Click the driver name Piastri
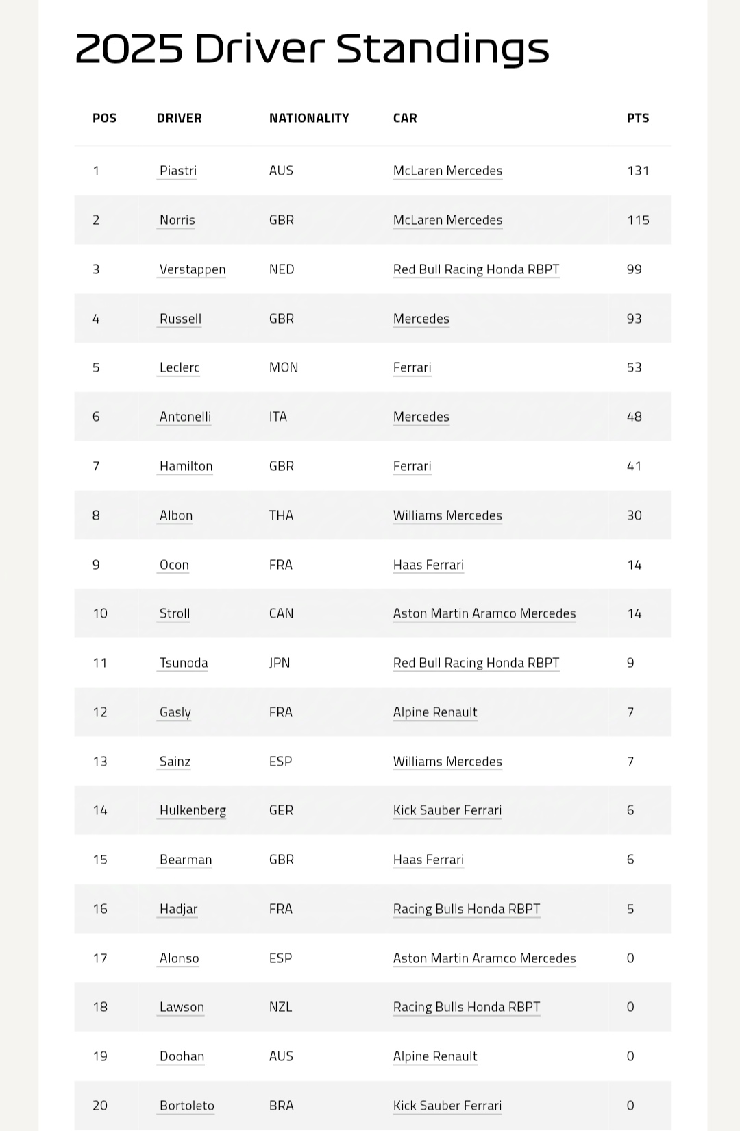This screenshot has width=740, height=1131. (177, 171)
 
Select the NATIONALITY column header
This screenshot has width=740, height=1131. (309, 118)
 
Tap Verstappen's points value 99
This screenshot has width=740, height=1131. (634, 269)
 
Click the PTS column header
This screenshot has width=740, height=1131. (637, 118)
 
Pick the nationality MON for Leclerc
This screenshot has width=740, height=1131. (283, 367)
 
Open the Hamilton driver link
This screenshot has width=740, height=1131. (186, 466)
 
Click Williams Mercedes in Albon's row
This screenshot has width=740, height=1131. (447, 515)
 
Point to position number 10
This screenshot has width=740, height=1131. (100, 613)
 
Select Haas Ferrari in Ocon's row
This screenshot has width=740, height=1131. (428, 565)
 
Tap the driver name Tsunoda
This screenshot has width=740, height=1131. (183, 663)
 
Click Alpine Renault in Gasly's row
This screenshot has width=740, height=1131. (434, 712)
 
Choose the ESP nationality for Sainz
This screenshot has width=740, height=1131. (280, 762)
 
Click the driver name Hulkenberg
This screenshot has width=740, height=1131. (192, 810)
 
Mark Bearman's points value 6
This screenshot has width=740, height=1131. (630, 860)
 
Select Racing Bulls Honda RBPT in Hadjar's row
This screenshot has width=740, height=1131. (466, 909)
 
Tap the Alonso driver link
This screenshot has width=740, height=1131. (179, 958)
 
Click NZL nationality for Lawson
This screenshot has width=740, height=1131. (280, 1007)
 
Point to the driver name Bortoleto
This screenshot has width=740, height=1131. (186, 1106)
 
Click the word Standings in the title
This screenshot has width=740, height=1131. (443, 49)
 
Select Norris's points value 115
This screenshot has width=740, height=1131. (637, 220)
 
